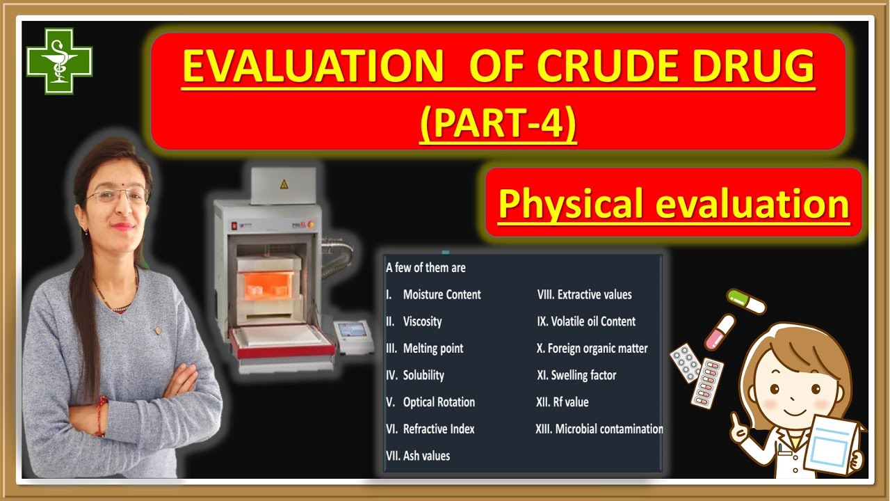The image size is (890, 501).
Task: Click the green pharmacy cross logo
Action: pos(59,61)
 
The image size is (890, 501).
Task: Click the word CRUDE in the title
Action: pos(633,67)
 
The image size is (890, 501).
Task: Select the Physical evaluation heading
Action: pos(673,204)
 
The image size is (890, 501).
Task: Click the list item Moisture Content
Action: pos(442,294)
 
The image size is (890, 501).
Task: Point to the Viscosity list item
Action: pos(422,321)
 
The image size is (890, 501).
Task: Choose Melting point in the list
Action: pos(432,348)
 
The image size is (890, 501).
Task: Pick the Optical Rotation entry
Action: pos(439,402)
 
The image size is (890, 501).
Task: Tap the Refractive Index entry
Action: pos(439,429)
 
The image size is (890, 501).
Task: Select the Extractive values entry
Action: pos(585,294)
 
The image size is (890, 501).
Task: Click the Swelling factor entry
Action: pos(576,375)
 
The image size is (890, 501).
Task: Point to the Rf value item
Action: pos(563,402)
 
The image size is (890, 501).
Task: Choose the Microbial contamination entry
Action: pos(599,429)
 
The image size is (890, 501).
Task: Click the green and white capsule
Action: pos(746,301)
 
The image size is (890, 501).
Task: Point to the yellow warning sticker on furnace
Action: pos(283,184)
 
